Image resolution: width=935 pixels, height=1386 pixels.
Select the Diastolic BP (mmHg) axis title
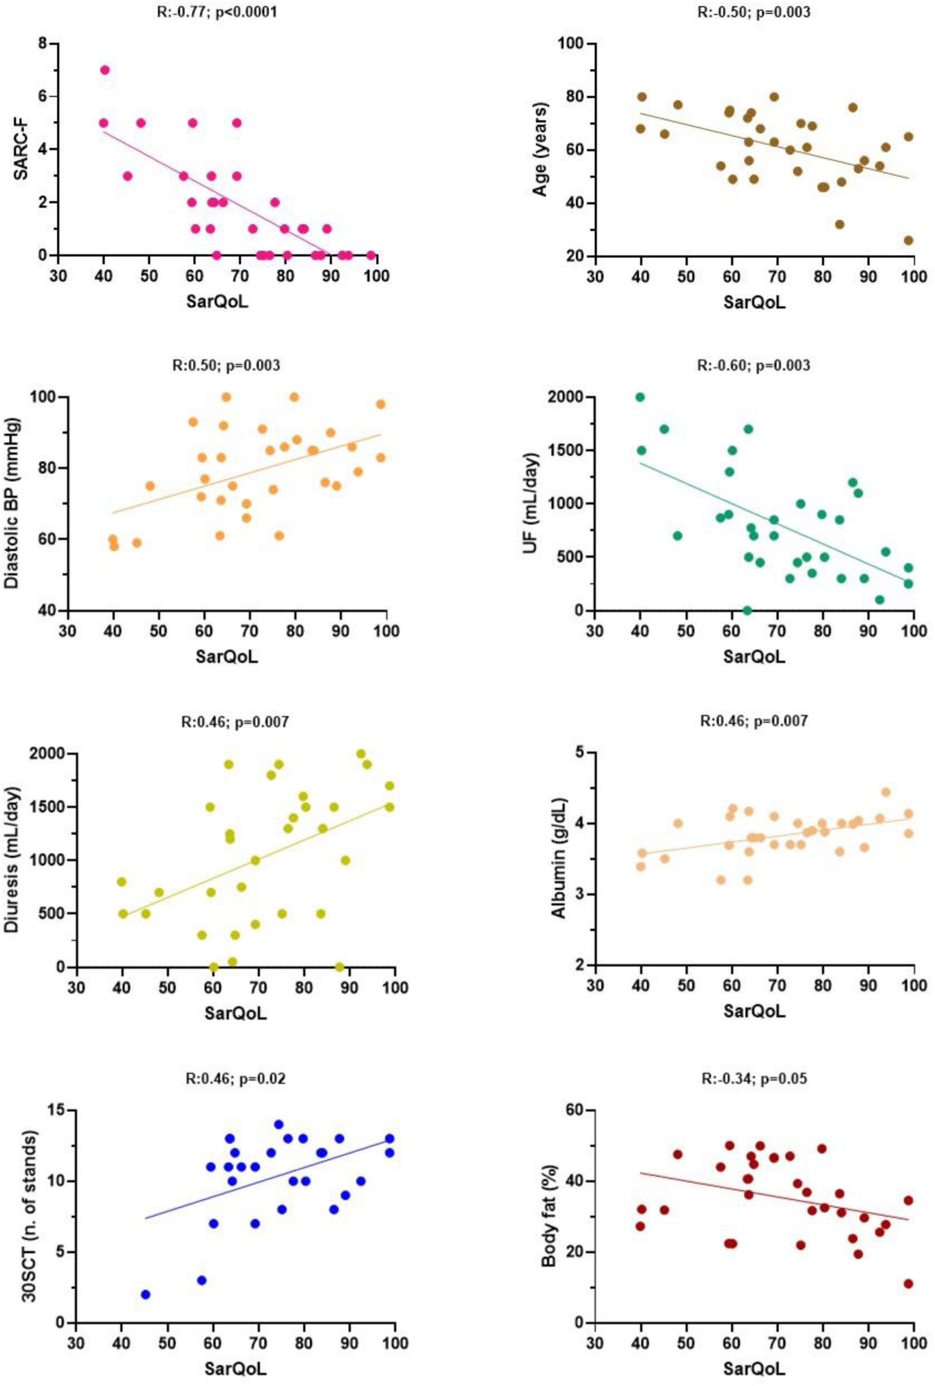(x=13, y=504)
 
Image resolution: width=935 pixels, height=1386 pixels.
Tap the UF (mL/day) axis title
(x=531, y=504)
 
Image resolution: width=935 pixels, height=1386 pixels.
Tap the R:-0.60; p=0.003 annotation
(x=754, y=365)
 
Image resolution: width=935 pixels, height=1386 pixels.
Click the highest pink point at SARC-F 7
(x=105, y=69)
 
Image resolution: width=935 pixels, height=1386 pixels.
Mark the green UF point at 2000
(x=640, y=397)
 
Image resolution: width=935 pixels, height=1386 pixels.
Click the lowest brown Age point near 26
(x=908, y=240)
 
